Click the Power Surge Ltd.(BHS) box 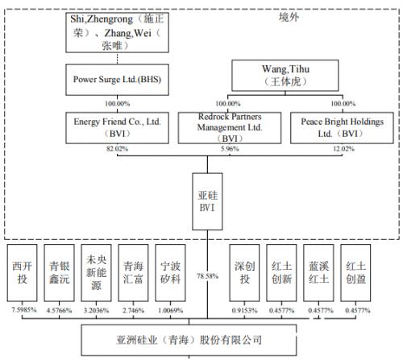click(x=117, y=80)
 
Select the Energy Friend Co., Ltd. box click(x=117, y=128)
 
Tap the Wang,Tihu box click(x=285, y=76)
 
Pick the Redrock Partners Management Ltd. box click(x=230, y=128)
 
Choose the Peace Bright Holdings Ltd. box click(x=342, y=128)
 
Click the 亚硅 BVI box click(x=207, y=201)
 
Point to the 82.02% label click(x=117, y=149)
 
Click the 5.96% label click(x=230, y=149)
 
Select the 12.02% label click(x=343, y=149)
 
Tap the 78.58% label click(x=207, y=276)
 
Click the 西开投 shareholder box click(x=22, y=273)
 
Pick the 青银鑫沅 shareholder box click(x=59, y=273)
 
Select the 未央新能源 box click(x=96, y=273)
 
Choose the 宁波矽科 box click(x=170, y=273)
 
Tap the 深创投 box click(x=244, y=273)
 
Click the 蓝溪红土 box click(x=318, y=273)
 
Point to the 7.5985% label click(x=24, y=310)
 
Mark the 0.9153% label click(x=244, y=310)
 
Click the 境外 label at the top click(x=289, y=17)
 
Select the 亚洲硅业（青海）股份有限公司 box click(x=189, y=340)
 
